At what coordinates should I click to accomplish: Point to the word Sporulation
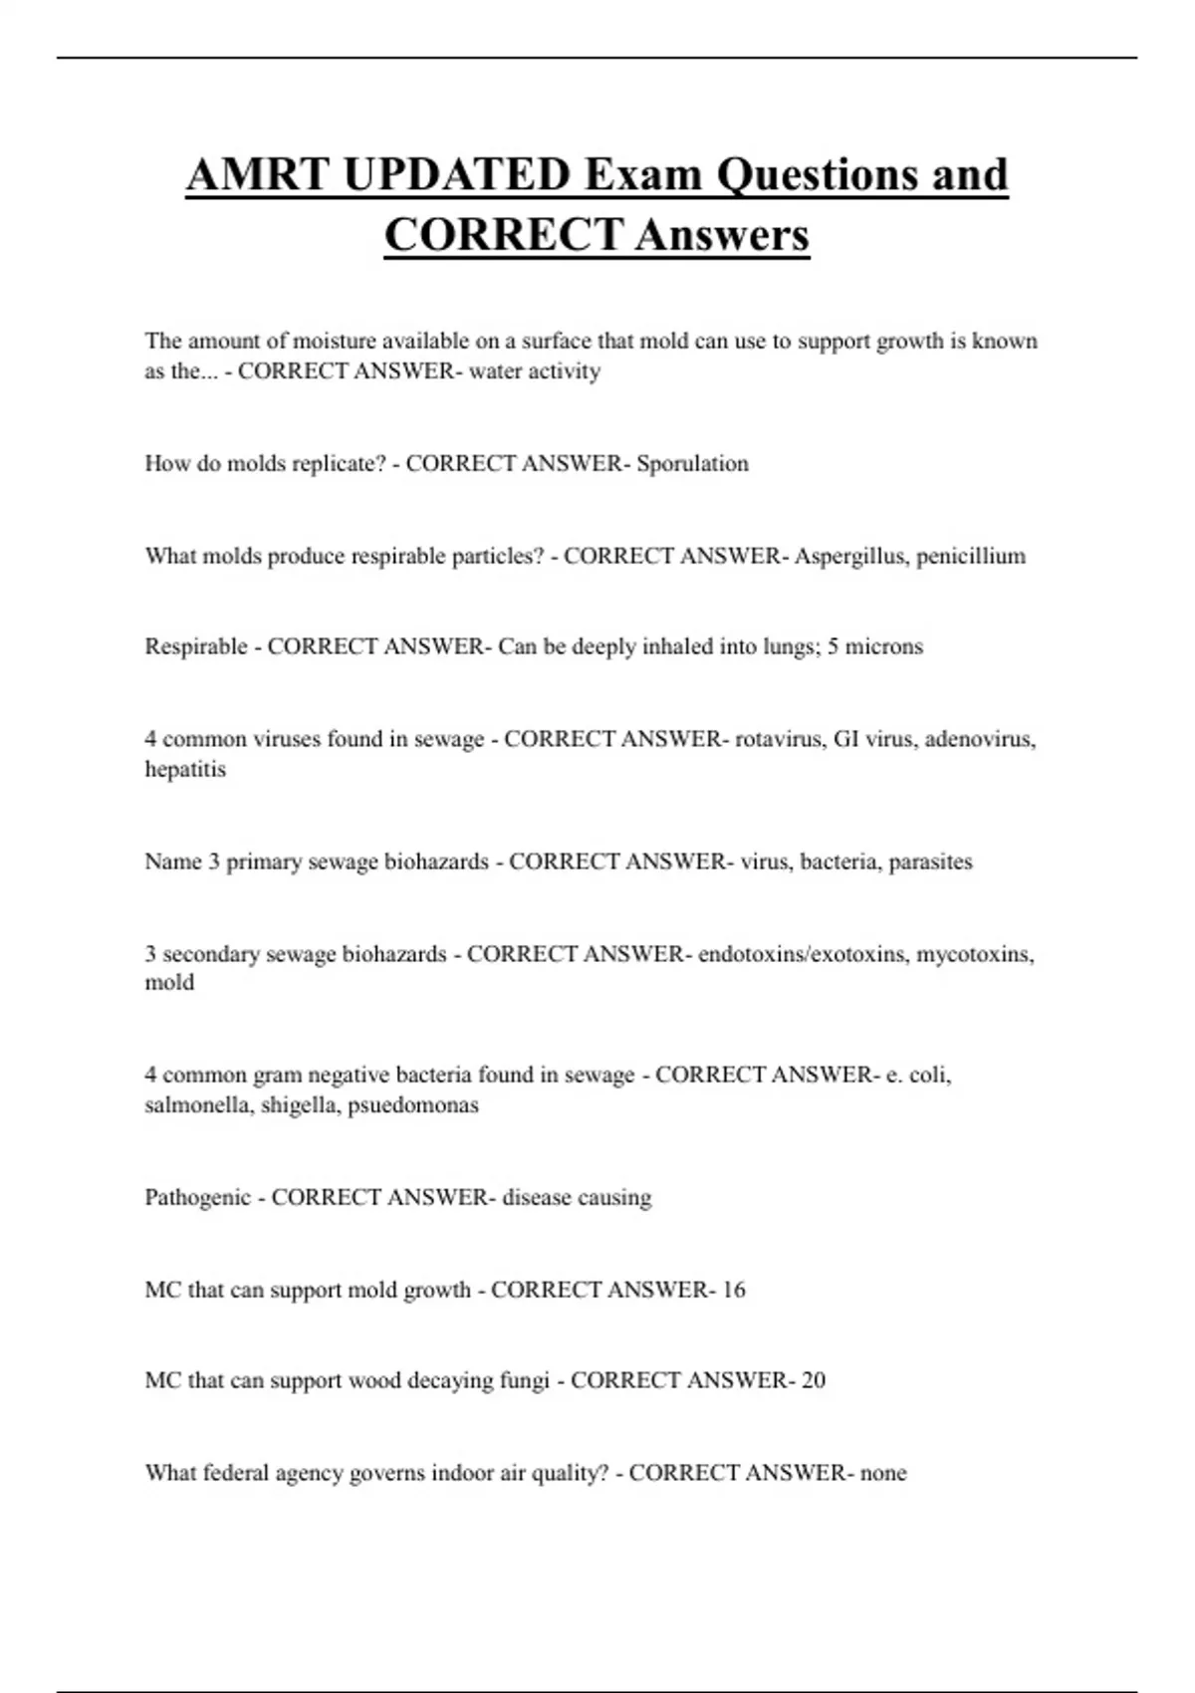coord(692,464)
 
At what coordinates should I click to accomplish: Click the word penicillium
coord(971,557)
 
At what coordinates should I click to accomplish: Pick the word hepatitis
coord(185,770)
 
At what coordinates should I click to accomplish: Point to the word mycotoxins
coord(975,955)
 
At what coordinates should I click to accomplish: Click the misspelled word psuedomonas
coord(413,1105)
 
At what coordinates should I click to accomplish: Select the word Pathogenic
coord(197,1198)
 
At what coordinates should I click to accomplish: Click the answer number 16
coord(734,1291)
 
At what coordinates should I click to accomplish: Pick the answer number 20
coord(814,1381)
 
